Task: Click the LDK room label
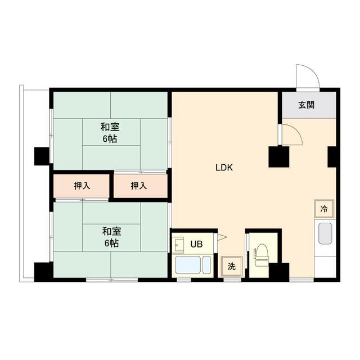[224, 168]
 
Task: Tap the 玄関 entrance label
[306, 105]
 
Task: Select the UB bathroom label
[196, 244]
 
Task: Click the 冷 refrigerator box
[324, 209]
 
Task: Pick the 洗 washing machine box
[231, 266]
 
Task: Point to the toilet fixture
[262, 255]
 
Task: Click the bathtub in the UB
[192, 265]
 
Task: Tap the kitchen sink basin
[325, 233]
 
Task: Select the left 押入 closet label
[82, 186]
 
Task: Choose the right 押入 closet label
[139, 186]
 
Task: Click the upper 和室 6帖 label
[110, 133]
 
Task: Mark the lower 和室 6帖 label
[111, 237]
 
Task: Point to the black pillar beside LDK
[279, 156]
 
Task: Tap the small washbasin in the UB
[179, 245]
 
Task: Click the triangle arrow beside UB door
[222, 237]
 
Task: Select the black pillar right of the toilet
[279, 272]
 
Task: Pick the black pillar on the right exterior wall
[332, 157]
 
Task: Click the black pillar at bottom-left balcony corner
[44, 272]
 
